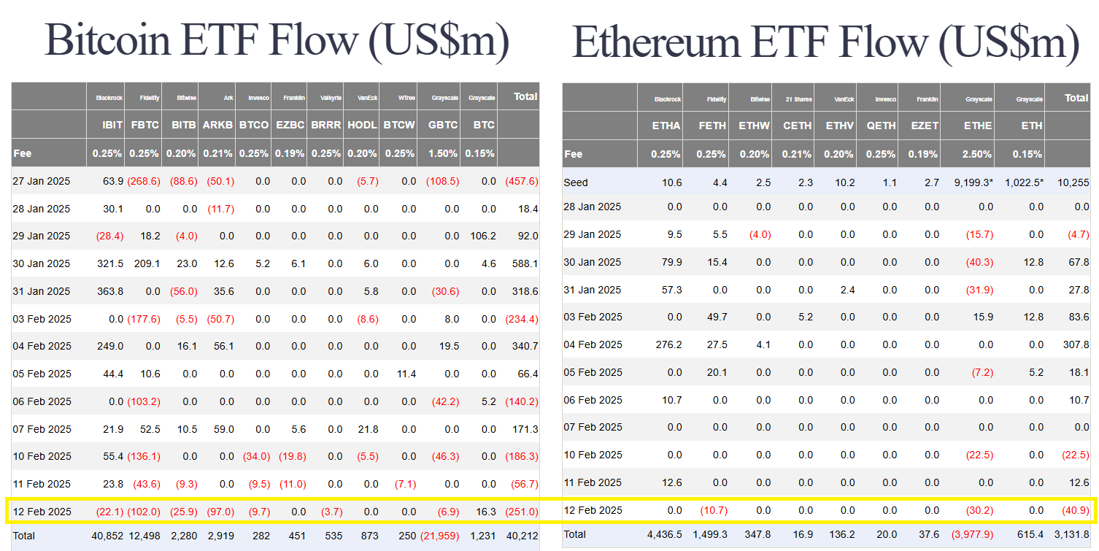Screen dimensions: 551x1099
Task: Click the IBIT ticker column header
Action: [x=112, y=125]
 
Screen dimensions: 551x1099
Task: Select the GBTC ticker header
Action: [x=443, y=125]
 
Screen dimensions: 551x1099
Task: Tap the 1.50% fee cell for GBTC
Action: [x=443, y=153]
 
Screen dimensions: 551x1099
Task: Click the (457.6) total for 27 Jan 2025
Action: [x=521, y=181]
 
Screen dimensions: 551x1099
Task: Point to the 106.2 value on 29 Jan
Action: [x=483, y=236]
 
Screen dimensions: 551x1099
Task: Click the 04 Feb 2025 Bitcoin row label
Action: [x=42, y=346]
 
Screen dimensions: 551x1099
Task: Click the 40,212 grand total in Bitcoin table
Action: [x=522, y=536]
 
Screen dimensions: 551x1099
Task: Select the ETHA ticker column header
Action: [x=666, y=126]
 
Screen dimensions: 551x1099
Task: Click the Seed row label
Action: [x=575, y=182]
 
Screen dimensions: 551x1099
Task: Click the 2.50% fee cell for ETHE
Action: [x=977, y=154]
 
